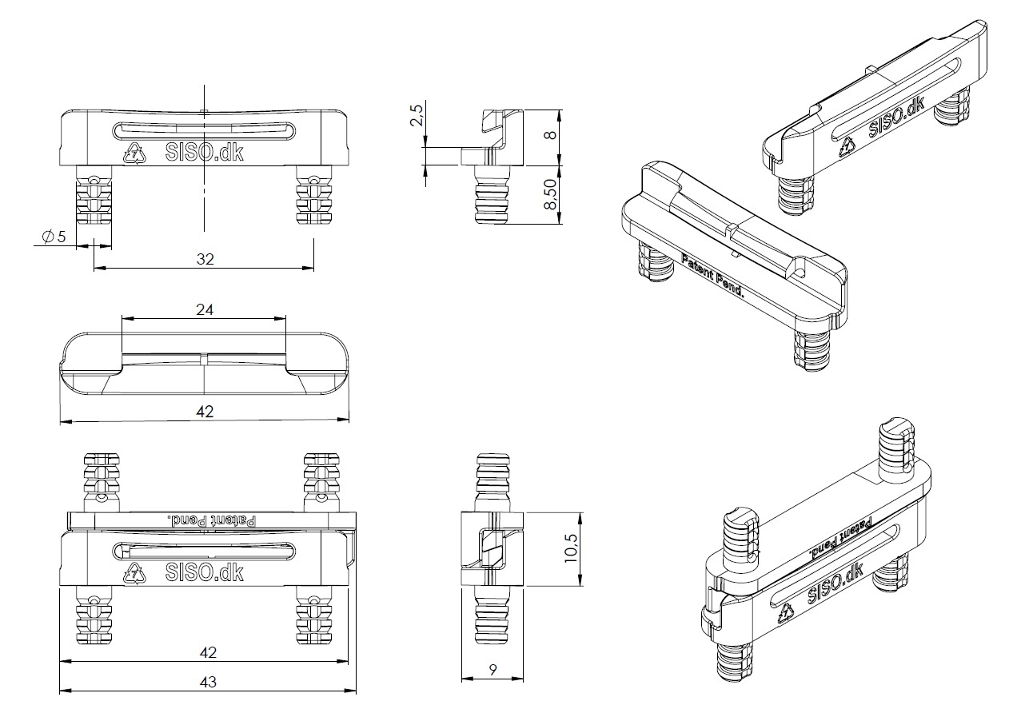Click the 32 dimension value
[206, 259]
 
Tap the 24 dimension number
[205, 310]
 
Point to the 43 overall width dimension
[207, 683]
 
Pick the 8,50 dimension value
[549, 194]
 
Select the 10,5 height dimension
[571, 550]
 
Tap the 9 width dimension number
[493, 671]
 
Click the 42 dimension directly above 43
[207, 652]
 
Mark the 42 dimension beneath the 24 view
[205, 411]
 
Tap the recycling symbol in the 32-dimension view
[135, 152]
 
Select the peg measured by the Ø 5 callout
[94, 205]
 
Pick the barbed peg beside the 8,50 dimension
[492, 196]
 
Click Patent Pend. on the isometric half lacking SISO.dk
[712, 277]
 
